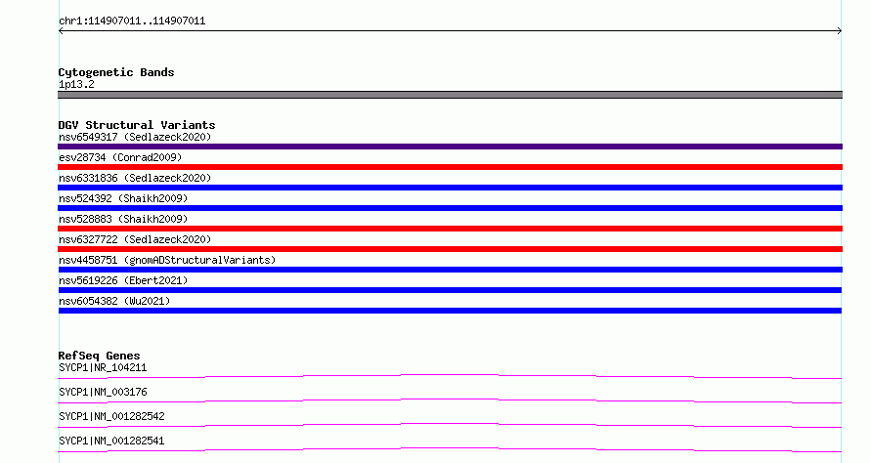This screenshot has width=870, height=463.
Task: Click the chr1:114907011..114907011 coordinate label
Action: [x=132, y=21]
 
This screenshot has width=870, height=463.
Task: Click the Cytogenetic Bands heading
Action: [x=116, y=72]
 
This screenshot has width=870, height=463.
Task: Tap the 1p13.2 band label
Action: [x=76, y=84]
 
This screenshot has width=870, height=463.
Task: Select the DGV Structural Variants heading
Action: [x=137, y=125]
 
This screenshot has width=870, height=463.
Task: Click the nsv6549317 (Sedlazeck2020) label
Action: [x=135, y=137]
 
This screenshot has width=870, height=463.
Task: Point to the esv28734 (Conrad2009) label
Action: [x=120, y=157]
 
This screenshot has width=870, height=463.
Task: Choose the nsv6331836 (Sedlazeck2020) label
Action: [x=135, y=178]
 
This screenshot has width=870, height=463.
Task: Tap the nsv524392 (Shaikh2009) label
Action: [x=123, y=198]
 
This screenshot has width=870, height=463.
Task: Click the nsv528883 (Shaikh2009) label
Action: [x=123, y=219]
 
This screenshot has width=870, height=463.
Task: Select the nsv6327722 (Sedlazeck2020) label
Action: [x=135, y=239]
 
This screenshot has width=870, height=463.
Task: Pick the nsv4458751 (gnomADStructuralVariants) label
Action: [x=167, y=260]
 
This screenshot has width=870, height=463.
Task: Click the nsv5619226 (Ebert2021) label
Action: [x=123, y=280]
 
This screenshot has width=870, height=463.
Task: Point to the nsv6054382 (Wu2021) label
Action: [x=114, y=301]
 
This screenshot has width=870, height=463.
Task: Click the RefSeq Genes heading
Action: [x=99, y=356]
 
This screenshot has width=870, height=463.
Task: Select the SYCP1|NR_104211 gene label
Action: [x=103, y=367]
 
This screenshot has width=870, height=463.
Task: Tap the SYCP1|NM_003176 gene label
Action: [x=103, y=392]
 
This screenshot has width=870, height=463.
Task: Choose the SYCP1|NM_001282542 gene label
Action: [x=111, y=416]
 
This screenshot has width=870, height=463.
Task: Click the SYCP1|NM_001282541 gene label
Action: [x=111, y=441]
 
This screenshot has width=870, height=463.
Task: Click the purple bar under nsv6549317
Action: [x=450, y=147]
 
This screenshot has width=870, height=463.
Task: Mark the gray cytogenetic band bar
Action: [x=450, y=95]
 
